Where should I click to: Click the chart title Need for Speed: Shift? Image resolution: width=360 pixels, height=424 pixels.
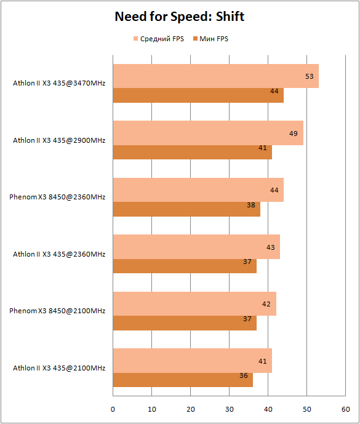[x=180, y=16]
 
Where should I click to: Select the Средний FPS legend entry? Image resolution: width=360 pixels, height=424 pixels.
[x=159, y=39]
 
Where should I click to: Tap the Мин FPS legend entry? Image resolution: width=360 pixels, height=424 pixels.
[x=210, y=39]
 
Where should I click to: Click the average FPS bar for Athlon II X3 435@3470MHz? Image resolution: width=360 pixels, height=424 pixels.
[x=216, y=76]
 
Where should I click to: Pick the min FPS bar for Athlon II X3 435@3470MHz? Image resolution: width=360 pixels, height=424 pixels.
[x=198, y=95]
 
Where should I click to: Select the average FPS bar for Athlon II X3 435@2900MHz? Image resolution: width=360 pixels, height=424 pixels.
[x=208, y=133]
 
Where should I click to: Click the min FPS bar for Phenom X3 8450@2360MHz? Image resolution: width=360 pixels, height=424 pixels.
[x=186, y=209]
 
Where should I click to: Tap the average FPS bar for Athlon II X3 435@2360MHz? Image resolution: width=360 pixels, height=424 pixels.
[x=196, y=247]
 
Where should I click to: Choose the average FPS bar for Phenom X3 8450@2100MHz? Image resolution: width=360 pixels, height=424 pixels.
[x=194, y=303]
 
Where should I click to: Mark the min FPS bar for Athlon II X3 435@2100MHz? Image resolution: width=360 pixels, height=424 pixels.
[x=183, y=380]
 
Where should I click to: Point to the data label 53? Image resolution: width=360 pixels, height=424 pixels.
[x=310, y=76]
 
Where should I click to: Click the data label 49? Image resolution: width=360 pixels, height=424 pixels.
[x=294, y=134]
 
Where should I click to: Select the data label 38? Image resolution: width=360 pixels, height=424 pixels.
[x=251, y=206]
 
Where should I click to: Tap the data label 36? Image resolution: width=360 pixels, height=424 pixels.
[x=244, y=375]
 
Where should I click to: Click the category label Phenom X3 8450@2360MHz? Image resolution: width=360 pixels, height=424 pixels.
[x=57, y=197]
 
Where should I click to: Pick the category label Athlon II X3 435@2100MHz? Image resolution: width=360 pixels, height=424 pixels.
[x=59, y=368]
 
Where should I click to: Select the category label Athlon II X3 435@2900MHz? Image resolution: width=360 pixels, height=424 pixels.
[x=59, y=140]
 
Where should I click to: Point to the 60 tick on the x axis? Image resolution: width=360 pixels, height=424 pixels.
[x=346, y=409]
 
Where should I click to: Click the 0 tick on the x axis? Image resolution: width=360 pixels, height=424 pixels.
[x=113, y=409]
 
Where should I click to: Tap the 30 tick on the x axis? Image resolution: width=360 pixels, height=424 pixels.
[x=230, y=409]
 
